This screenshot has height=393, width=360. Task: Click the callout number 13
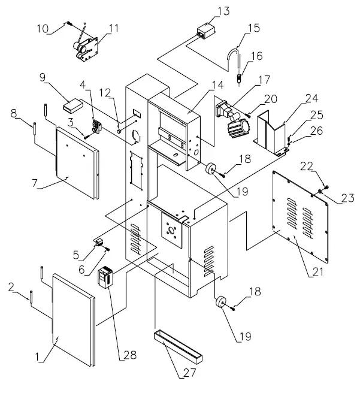click(206, 11)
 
